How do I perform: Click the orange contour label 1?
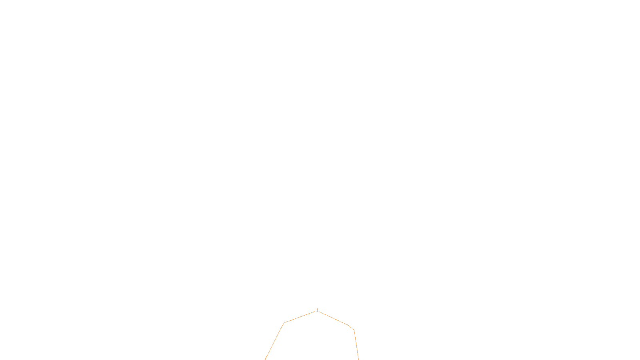click(x=317, y=310)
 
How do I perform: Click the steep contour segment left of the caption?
click(x=274, y=342)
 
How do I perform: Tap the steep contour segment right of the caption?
click(x=356, y=345)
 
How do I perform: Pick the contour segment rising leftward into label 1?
click(x=300, y=317)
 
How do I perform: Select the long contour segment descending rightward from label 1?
click(x=334, y=318)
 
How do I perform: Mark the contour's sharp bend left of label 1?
click(x=284, y=323)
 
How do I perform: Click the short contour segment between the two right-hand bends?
click(x=351, y=328)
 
